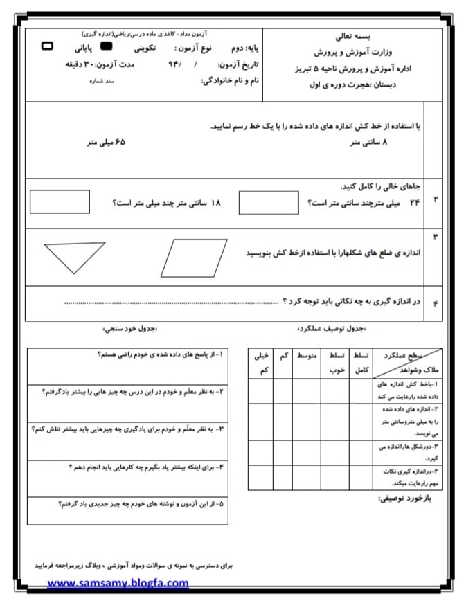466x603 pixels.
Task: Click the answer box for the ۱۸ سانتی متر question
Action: [60, 201]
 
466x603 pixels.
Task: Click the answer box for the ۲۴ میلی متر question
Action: [268, 203]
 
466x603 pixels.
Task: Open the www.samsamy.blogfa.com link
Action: [118, 583]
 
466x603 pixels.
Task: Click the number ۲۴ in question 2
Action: [415, 202]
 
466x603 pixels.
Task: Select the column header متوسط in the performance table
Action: [307, 355]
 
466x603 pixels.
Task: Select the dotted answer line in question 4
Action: [172, 303]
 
